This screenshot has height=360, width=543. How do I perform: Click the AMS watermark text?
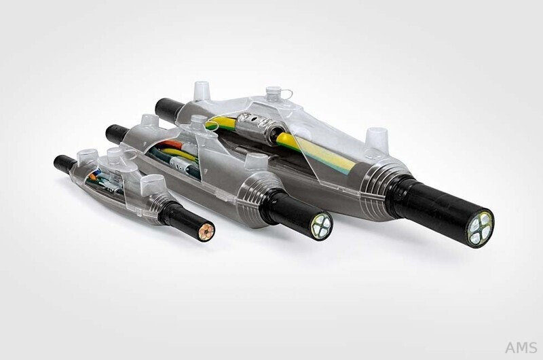click(521, 347)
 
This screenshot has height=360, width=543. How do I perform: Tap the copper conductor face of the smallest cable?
click(206, 231)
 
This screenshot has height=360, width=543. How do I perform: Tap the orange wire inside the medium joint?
click(171, 144)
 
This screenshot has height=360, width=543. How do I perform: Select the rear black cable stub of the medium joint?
click(117, 133)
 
